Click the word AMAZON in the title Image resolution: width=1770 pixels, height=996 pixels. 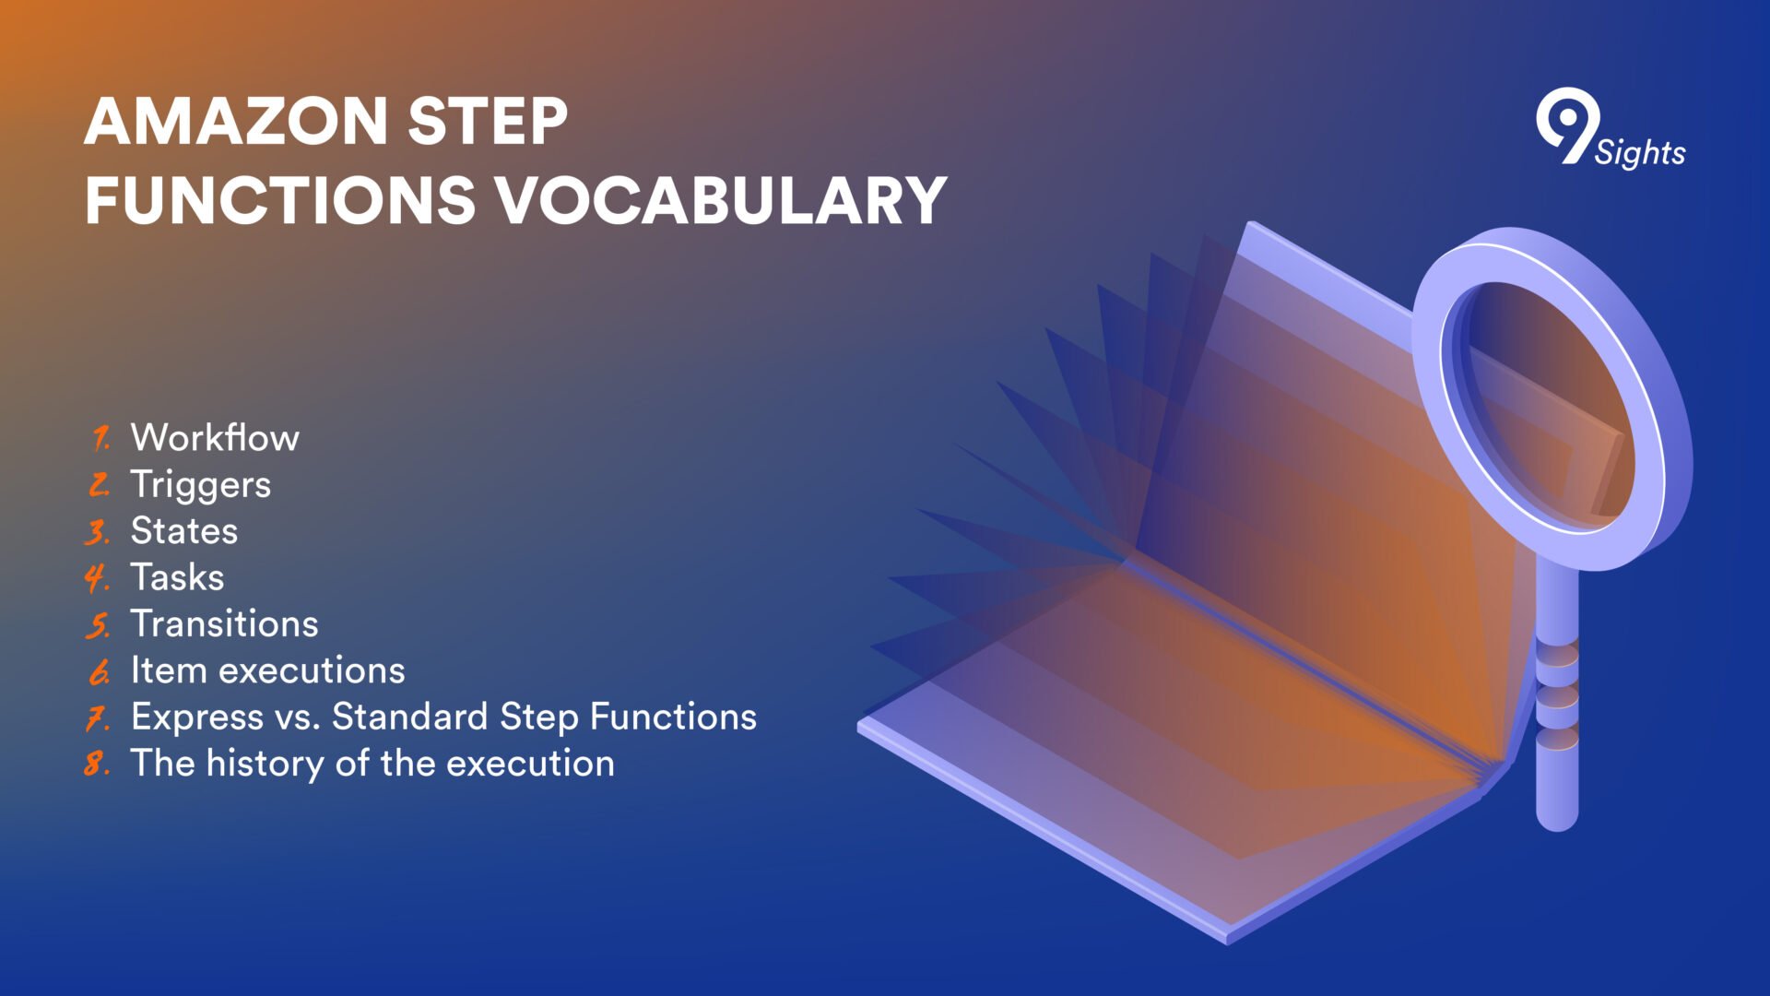236,121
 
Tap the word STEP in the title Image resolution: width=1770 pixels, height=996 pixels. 488,121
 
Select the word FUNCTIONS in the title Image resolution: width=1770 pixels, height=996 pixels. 280,200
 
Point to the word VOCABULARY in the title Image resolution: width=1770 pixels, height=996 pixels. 723,200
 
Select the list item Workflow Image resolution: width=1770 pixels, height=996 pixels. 215,437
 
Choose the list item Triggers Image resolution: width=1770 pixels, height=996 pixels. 201,485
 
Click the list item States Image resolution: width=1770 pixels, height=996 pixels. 184,531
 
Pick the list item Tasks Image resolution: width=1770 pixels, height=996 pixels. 178,577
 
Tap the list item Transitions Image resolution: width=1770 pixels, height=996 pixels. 225,623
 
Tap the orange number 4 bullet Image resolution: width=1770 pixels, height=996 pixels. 96,577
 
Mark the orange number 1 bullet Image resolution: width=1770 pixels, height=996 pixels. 100,438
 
